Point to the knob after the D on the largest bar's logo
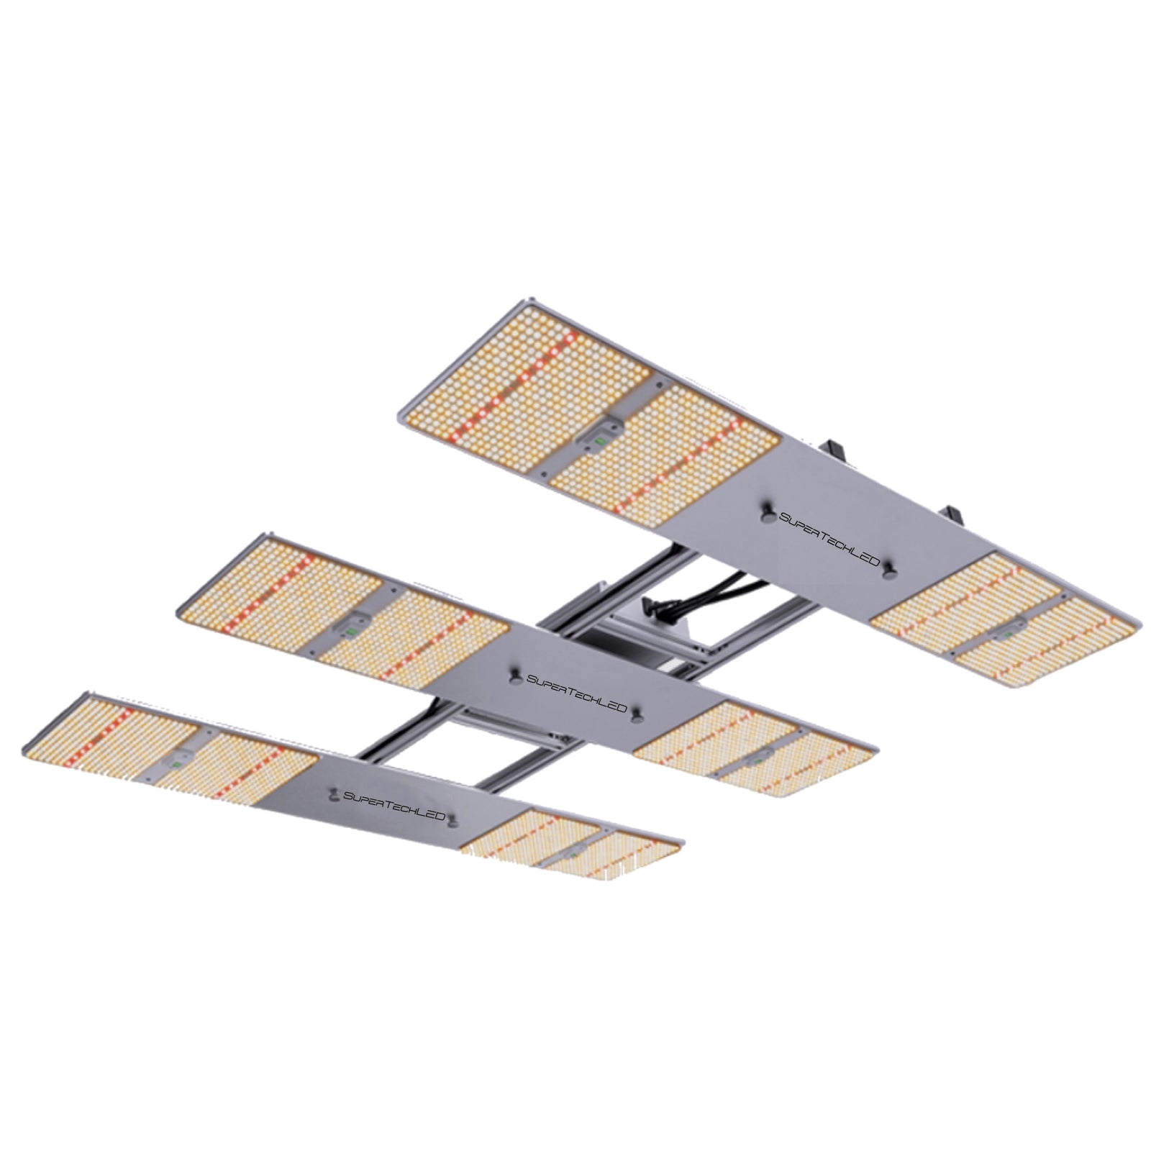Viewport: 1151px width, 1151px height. (891, 570)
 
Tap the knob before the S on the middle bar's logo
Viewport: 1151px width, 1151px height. (515, 674)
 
